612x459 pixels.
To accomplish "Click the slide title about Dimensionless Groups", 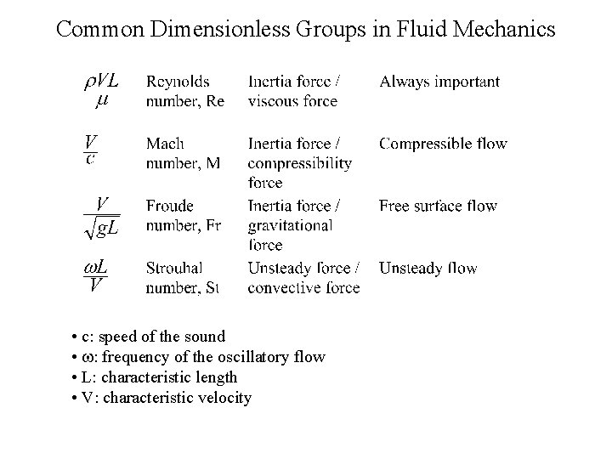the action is point(305,29).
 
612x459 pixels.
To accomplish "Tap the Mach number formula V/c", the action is point(89,148).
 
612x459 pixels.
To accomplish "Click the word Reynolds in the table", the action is point(178,82).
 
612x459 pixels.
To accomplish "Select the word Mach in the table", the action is point(165,144).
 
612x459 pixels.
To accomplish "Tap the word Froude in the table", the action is point(170,206).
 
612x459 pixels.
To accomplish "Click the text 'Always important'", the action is point(439,82).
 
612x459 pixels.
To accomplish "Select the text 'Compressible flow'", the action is point(443,144).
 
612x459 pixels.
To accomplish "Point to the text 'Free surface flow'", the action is point(438,206).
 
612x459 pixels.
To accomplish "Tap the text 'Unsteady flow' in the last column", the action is point(428,269).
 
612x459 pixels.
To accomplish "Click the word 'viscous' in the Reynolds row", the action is point(268,101).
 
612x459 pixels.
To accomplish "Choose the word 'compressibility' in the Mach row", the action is point(299,163).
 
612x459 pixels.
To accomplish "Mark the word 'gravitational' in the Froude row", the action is point(290,225).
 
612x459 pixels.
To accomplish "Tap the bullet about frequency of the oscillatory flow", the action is point(199,357).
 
